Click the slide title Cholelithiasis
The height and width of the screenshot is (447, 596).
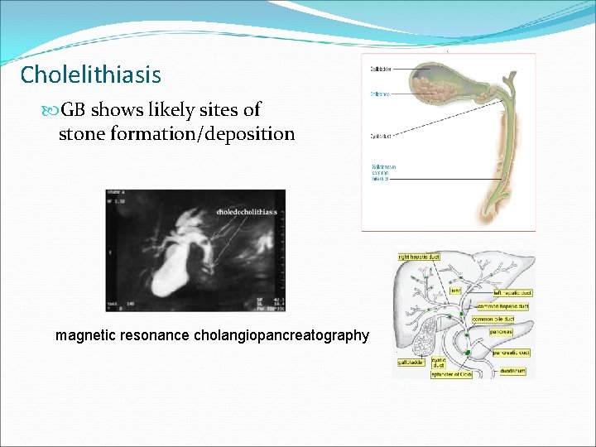90,75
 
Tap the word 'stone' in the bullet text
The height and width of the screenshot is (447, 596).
82,133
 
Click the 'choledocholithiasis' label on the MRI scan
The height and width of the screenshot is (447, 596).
247,212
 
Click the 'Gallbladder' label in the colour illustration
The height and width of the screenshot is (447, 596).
382,69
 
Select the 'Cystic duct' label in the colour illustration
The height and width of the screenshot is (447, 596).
381,137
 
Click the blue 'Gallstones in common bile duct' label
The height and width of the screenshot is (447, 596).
385,171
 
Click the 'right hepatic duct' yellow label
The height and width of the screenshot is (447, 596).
418,257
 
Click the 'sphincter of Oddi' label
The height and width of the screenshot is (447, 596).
452,374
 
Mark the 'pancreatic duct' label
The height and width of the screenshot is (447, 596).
512,353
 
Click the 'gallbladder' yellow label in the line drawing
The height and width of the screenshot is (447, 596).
410,362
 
